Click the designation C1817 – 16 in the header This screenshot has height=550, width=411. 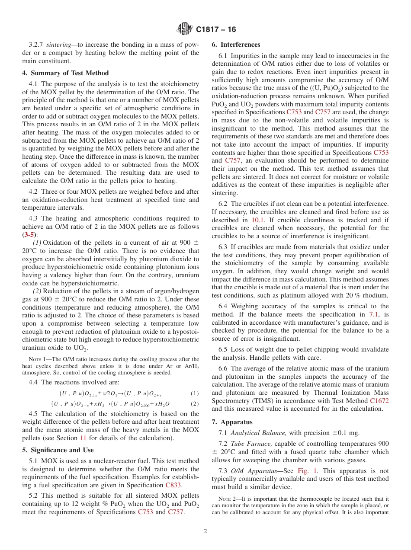point(216,30)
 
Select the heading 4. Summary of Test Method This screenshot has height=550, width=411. point(65,73)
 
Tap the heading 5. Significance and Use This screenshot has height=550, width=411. point(58,450)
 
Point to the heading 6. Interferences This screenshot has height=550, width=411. point(236,45)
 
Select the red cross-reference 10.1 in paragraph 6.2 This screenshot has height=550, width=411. point(258,220)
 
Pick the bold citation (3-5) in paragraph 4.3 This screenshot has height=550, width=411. point(29,235)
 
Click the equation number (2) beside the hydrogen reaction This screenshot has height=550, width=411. point(195,404)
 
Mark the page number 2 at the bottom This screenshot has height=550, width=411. point(205,531)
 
